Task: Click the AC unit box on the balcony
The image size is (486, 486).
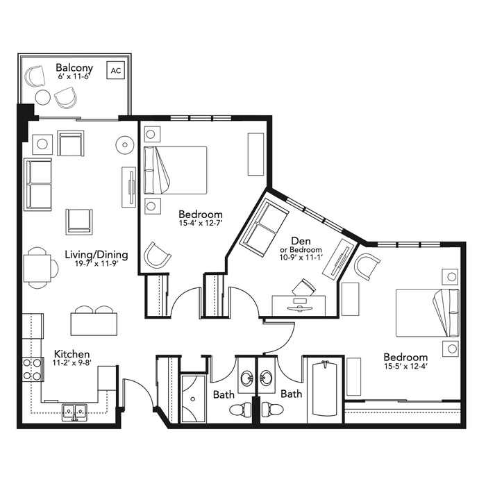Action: pyautogui.click(x=116, y=70)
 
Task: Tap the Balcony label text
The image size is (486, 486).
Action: pyautogui.click(x=74, y=67)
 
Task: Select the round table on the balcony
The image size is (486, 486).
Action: pyautogui.click(x=43, y=98)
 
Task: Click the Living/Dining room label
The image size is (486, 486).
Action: pyautogui.click(x=97, y=255)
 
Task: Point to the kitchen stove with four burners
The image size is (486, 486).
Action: pyautogui.click(x=33, y=369)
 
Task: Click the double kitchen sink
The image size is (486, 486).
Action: pyautogui.click(x=74, y=412)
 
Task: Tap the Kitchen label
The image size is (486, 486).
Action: pyautogui.click(x=72, y=354)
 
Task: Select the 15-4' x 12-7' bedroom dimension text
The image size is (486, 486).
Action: pyautogui.click(x=201, y=223)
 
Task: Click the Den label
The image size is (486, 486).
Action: pyautogui.click(x=301, y=241)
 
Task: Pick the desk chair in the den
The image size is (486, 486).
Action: pyautogui.click(x=304, y=287)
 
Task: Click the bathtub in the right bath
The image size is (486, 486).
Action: pyautogui.click(x=325, y=389)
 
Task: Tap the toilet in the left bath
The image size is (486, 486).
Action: pyautogui.click(x=241, y=410)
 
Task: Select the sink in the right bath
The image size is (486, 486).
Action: pyautogui.click(x=266, y=378)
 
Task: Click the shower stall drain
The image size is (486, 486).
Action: pyautogui.click(x=193, y=399)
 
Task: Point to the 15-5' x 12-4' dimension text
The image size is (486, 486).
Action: pyautogui.click(x=405, y=366)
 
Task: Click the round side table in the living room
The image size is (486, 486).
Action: pyautogui.click(x=125, y=144)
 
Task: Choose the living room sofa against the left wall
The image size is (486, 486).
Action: pyautogui.click(x=37, y=185)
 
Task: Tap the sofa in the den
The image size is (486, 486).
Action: pyautogui.click(x=266, y=228)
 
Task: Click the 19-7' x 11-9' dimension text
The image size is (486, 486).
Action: pyautogui.click(x=97, y=264)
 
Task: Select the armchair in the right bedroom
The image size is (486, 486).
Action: pyautogui.click(x=367, y=266)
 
